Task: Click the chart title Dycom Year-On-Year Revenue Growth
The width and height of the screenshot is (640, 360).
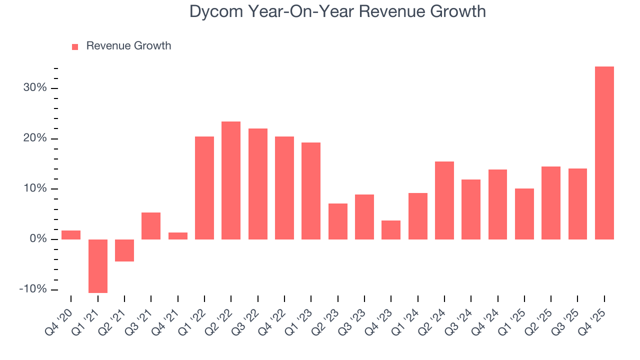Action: tap(337, 11)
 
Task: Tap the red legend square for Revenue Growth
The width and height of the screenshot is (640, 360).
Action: tap(75, 46)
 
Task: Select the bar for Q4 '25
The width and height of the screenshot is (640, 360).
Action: tap(604, 153)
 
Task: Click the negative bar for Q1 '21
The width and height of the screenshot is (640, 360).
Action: tap(98, 266)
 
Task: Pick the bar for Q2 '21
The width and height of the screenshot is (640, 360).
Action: tap(124, 250)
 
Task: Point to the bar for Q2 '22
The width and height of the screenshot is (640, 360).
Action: tap(231, 180)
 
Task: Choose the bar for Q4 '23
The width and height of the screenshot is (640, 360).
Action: tap(391, 230)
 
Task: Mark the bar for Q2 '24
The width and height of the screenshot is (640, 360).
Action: tap(444, 200)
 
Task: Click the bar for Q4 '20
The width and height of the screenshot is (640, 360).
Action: tap(71, 235)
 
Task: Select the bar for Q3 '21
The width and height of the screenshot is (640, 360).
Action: tap(151, 226)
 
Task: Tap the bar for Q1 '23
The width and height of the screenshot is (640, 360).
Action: tap(311, 191)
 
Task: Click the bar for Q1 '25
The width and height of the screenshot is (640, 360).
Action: tap(524, 214)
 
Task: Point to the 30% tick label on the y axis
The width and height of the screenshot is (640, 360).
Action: tap(34, 88)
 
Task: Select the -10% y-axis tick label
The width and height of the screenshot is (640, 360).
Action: tap(33, 289)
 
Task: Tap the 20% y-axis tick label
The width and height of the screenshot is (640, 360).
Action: tap(34, 138)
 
